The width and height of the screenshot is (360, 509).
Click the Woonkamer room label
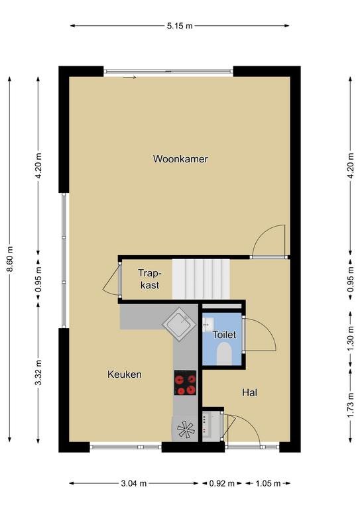click(x=180, y=159)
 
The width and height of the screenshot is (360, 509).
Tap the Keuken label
click(x=125, y=374)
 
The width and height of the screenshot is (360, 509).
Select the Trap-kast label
click(x=150, y=279)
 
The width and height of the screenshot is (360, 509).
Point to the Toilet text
click(x=224, y=335)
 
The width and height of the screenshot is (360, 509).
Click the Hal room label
click(x=250, y=393)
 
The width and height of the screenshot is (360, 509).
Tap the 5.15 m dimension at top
click(x=180, y=26)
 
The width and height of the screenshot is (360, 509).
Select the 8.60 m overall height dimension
click(x=10, y=259)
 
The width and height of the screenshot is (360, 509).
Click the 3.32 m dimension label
click(x=38, y=372)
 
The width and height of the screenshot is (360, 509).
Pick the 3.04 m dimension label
click(x=134, y=484)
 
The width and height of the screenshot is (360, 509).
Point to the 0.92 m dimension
click(x=221, y=484)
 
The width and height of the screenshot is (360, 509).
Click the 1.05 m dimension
click(x=268, y=484)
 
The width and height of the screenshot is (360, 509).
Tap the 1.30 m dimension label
click(x=350, y=339)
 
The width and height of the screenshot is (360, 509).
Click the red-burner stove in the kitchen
click(x=186, y=382)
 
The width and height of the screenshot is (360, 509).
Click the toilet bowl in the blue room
click(x=224, y=353)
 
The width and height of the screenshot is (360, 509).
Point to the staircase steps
click(x=201, y=279)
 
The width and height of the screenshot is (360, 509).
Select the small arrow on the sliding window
click(x=129, y=78)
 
